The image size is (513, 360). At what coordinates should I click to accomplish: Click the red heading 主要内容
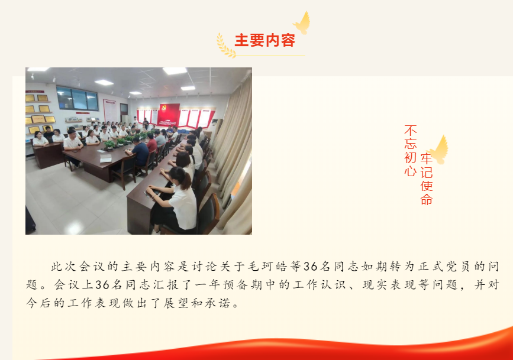click(265, 40)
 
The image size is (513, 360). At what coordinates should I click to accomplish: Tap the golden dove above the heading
click(302, 24)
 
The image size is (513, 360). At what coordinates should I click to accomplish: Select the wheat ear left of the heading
click(225, 46)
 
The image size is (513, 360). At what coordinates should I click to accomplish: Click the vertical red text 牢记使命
click(427, 179)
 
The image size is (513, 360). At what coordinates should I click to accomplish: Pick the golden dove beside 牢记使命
click(438, 150)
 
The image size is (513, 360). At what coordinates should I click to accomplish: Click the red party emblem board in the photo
click(169, 115)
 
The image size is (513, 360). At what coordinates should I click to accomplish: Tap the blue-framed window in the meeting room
click(77, 98)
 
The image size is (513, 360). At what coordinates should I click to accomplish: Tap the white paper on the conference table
click(106, 159)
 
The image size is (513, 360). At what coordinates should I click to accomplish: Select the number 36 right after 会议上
click(102, 285)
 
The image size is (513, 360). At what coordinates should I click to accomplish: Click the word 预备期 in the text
click(243, 285)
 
